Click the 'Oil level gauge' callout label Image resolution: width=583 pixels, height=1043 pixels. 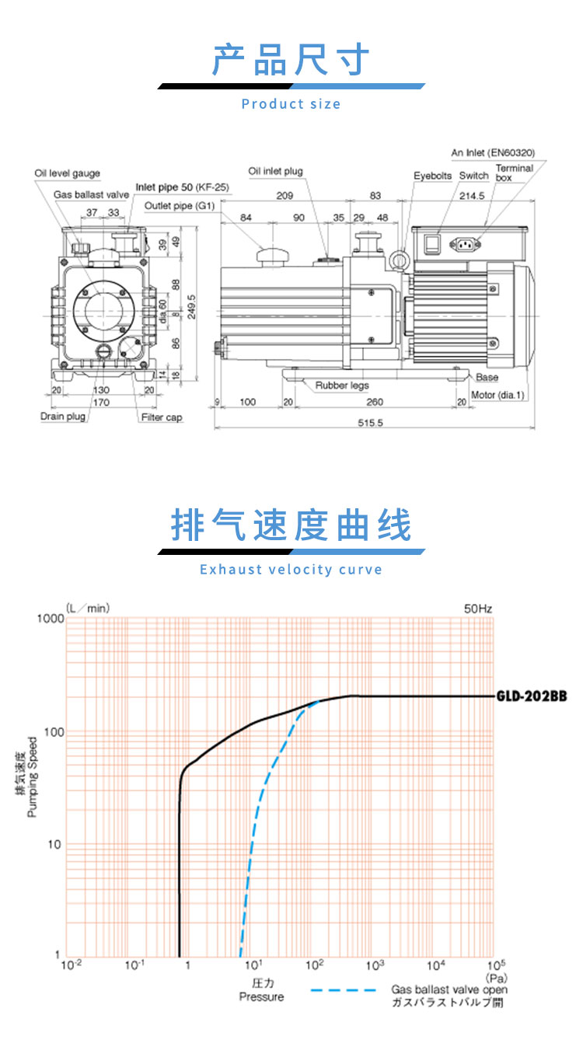[x=67, y=173]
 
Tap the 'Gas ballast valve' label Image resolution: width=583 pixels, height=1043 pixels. [x=91, y=194]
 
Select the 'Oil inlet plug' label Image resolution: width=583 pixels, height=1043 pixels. [x=275, y=171]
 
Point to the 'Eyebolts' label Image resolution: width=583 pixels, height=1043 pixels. [x=433, y=176]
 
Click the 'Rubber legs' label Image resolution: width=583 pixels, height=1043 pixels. [x=342, y=385]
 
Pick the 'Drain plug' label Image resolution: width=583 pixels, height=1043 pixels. [x=63, y=417]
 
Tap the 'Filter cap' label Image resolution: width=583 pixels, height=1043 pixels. [x=162, y=417]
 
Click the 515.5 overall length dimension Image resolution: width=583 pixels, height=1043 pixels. [x=370, y=423]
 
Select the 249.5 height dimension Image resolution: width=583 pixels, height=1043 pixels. [x=191, y=307]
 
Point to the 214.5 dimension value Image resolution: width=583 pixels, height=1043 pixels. [x=472, y=196]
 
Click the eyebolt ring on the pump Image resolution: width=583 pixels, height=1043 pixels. [x=399, y=260]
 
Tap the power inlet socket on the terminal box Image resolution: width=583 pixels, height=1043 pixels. [x=465, y=244]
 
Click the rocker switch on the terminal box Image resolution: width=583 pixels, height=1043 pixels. [x=432, y=245]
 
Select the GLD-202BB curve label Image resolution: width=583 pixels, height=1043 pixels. [x=532, y=696]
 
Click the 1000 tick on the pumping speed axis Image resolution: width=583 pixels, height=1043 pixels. [x=51, y=619]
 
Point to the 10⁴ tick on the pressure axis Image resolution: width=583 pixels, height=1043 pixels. [x=436, y=965]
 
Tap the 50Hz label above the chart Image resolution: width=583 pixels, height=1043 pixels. [x=478, y=609]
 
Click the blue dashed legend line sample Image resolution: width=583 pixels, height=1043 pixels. [x=343, y=990]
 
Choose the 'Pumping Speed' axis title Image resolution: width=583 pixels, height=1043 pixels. [x=32, y=776]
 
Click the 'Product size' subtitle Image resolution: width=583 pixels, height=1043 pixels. [x=291, y=104]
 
